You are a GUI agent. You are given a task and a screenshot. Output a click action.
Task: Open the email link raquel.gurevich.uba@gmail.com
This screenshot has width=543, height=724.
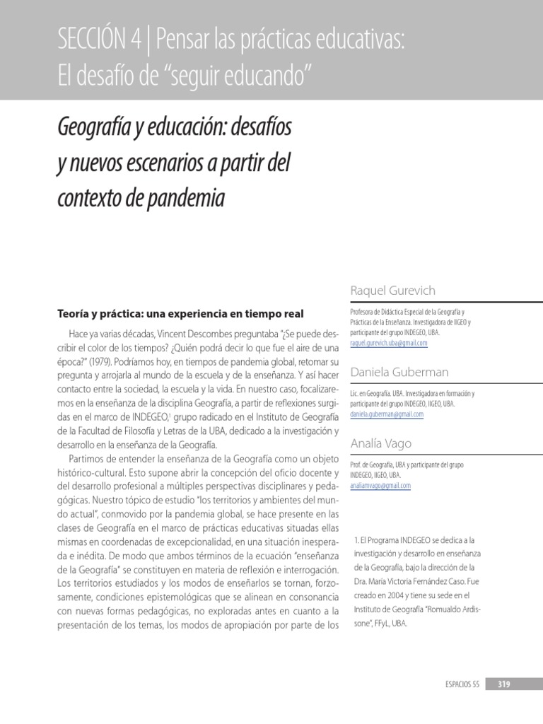click(389, 343)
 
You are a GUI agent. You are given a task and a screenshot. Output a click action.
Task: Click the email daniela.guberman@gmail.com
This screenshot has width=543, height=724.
click(387, 414)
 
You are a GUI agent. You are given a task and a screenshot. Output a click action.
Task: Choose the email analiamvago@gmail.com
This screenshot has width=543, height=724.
click(380, 486)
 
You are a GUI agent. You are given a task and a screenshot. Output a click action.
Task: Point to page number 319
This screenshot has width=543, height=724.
click(504, 684)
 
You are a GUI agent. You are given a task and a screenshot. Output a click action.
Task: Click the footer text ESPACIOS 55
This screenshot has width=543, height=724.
click(462, 684)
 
